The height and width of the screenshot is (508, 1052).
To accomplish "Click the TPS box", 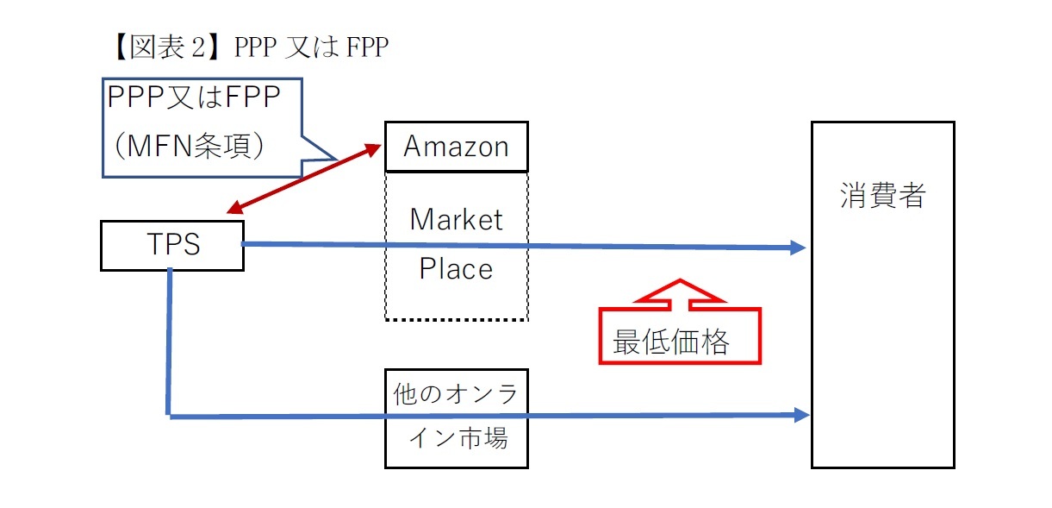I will pyautogui.click(x=171, y=246).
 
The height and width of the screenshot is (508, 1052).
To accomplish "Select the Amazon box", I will pyautogui.click(x=456, y=147).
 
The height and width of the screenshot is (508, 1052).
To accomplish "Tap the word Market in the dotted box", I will pyautogui.click(x=456, y=219).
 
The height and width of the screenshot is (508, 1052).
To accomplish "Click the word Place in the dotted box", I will pyautogui.click(x=456, y=269).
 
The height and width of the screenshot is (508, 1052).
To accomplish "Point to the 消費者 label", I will pyautogui.click(x=882, y=197).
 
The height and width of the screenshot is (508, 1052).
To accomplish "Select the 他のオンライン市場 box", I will pyautogui.click(x=456, y=418).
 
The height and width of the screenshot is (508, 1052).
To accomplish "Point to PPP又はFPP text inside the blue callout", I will pyautogui.click(x=195, y=98).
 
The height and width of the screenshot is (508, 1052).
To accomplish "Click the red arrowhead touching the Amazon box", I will pyautogui.click(x=375, y=148).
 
